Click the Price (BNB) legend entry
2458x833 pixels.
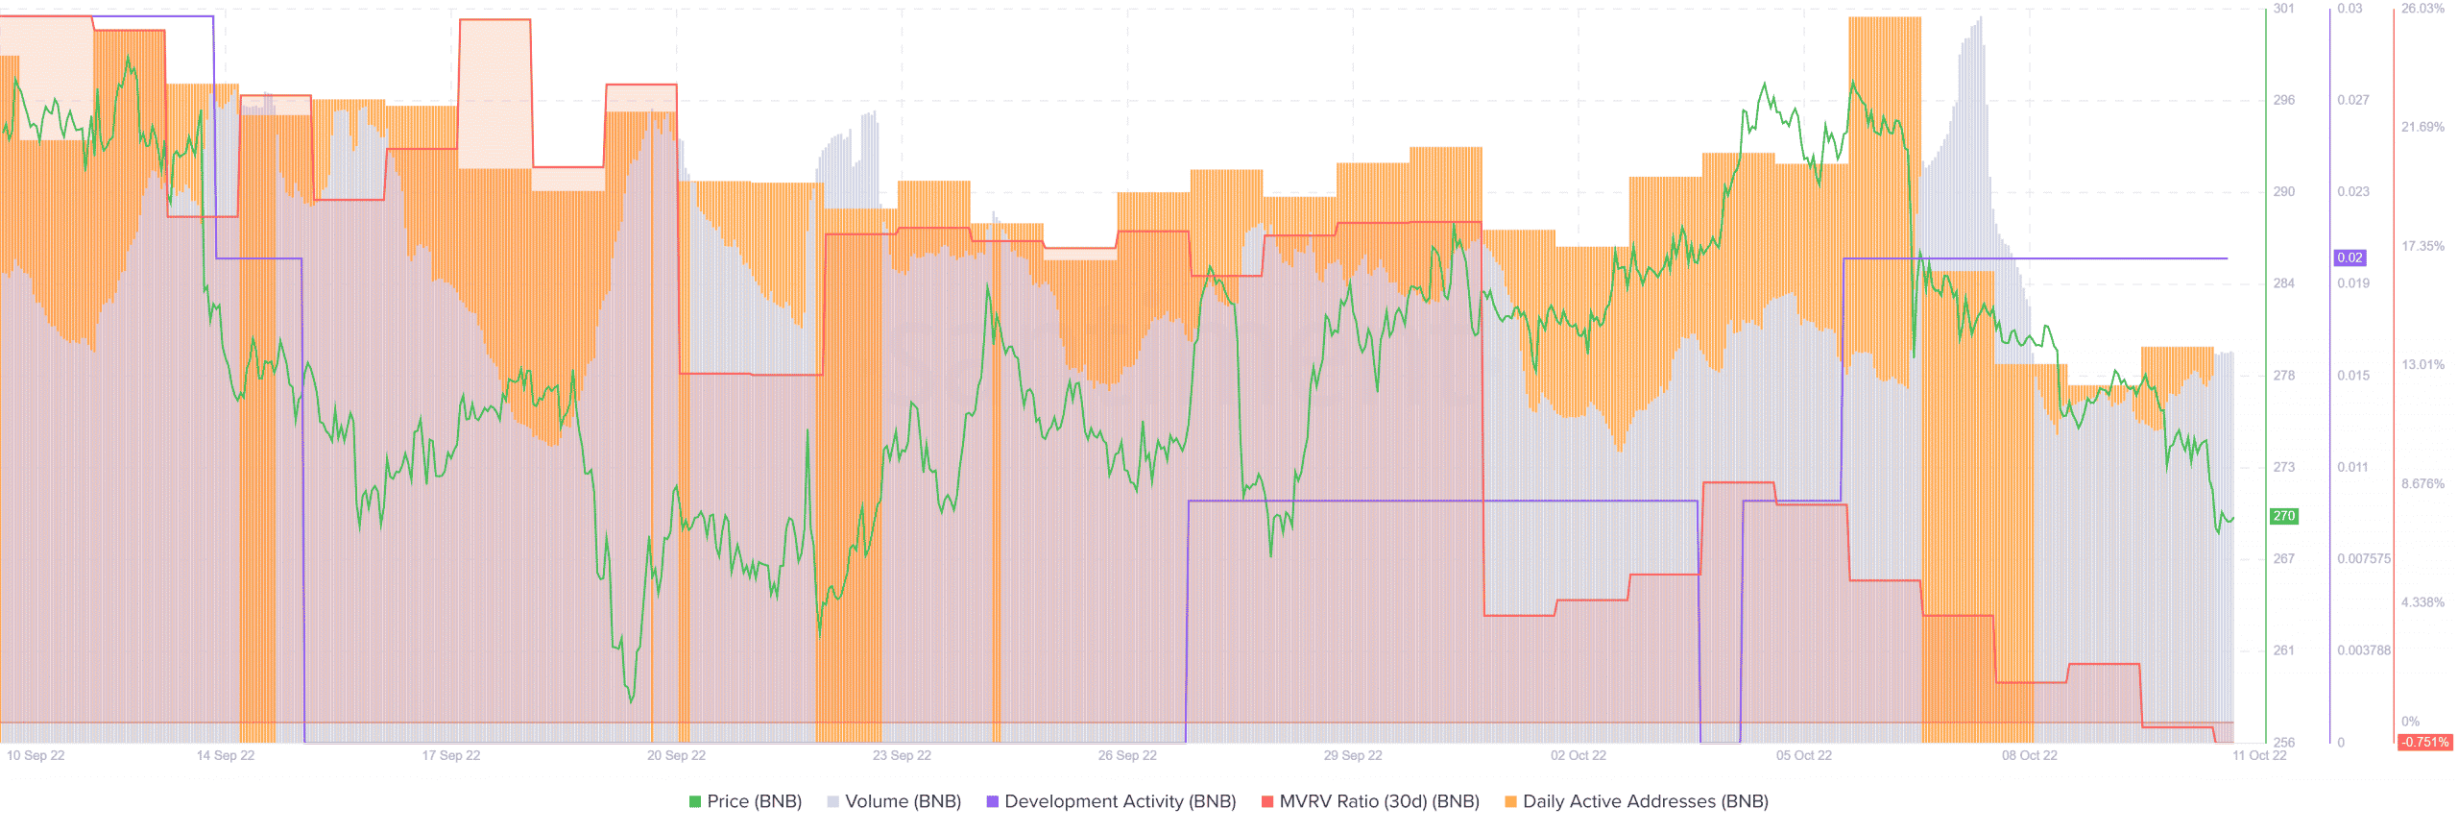[745, 801]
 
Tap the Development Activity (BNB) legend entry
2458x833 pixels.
[1111, 801]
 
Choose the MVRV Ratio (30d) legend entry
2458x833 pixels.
[1370, 801]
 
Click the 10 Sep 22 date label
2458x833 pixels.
[36, 755]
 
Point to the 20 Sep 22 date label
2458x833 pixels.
[676, 755]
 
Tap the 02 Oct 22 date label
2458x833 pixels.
[1578, 755]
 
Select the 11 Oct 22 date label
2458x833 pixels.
[2259, 755]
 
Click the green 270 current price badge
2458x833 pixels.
[2283, 516]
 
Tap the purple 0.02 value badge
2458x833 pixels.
[2350, 257]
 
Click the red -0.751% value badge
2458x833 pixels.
[2424, 742]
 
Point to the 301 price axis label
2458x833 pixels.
[2283, 9]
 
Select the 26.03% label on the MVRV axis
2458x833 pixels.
[2422, 9]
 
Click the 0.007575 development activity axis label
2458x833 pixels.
[2364, 558]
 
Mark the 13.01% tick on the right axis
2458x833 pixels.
[2422, 364]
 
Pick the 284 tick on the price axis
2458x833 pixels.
[2283, 283]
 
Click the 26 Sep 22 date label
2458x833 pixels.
[1127, 755]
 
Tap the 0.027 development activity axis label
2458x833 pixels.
[2352, 100]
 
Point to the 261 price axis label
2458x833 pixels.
[2283, 650]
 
